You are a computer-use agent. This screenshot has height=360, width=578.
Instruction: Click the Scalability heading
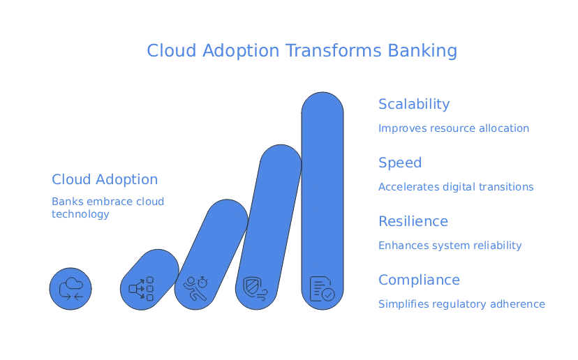[413, 105]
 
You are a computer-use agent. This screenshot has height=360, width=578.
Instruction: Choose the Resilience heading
[413, 222]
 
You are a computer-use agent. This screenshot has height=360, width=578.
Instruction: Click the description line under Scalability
[453, 128]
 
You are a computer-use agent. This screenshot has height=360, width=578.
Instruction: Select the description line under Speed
[455, 188]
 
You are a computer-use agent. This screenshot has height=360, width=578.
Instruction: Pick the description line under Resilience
[450, 246]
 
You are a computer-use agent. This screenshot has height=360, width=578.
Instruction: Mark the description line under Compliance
[461, 305]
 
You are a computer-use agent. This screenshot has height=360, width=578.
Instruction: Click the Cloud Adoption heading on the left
[105, 179]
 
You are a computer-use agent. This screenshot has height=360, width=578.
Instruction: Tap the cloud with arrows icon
[71, 288]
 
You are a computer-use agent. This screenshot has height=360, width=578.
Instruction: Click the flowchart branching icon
[140, 287]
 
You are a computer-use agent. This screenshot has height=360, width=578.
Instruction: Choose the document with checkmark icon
[323, 286]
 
